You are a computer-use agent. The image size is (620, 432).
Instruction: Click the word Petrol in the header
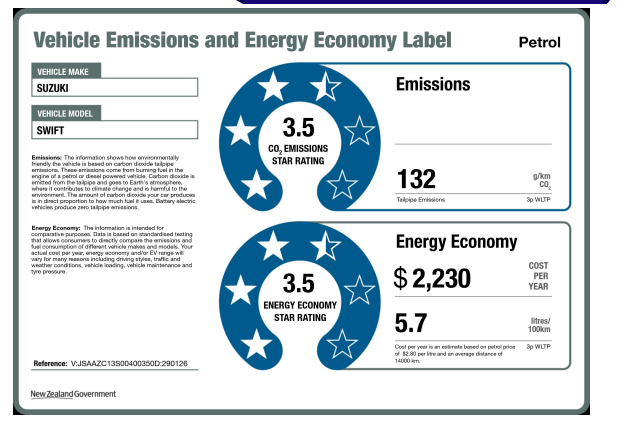(540, 43)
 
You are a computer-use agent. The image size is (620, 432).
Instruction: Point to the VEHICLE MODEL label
(66, 114)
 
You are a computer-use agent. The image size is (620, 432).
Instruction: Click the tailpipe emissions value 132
(417, 179)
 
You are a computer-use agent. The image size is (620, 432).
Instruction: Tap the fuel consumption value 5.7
(412, 323)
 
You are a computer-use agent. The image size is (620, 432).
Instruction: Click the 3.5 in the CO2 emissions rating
(299, 128)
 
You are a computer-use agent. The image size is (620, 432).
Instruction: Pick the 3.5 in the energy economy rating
(299, 282)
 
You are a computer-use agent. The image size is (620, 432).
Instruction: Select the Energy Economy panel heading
(456, 241)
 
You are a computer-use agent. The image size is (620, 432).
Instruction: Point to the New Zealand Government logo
(72, 394)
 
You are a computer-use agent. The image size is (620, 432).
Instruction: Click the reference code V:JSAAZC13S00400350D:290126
(129, 363)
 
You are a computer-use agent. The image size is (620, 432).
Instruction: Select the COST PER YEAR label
(539, 276)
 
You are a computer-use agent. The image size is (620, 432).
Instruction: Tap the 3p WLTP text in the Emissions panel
(538, 200)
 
